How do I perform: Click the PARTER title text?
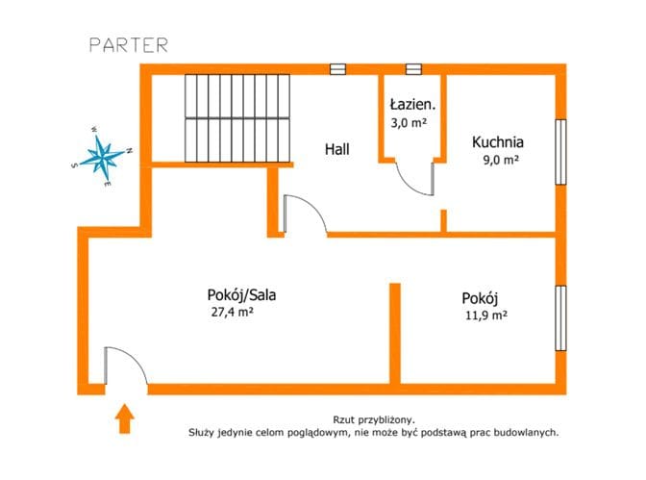tap(129, 45)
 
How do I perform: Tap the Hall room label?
tap(337, 149)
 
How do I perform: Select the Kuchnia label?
tap(498, 141)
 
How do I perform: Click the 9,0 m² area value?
tap(501, 159)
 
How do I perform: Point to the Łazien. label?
tap(412, 104)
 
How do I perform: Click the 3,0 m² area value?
tap(409, 122)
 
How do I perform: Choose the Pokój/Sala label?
tap(241, 295)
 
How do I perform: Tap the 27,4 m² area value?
tap(232, 312)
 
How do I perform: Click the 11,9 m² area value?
tap(486, 316)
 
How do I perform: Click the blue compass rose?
tap(101, 155)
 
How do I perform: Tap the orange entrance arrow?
tap(124, 418)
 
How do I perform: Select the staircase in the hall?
tap(236, 118)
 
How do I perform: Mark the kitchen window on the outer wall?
tap(560, 152)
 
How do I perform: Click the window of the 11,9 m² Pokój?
tap(560, 318)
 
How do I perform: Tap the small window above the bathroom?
tap(413, 69)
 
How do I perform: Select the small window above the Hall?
tap(337, 69)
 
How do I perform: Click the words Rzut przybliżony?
tap(374, 420)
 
